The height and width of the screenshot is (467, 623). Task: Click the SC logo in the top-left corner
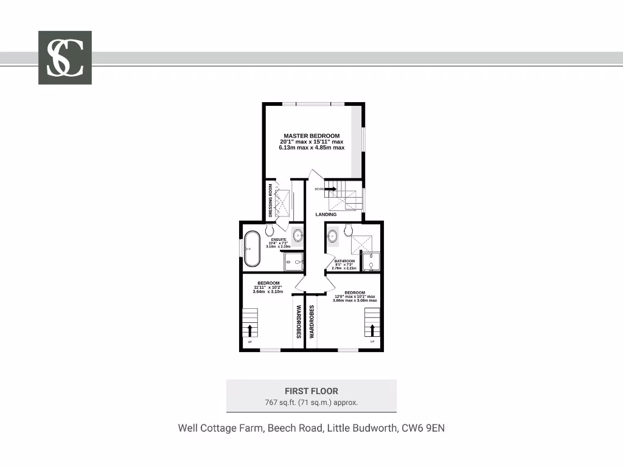coord(65,57)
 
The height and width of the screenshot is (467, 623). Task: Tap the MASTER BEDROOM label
coord(311,136)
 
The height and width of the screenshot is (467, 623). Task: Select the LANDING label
coord(325,215)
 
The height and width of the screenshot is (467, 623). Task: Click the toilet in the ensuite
coord(270,230)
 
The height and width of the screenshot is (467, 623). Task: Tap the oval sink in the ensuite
coord(299,235)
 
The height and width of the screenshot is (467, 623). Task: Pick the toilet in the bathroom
coord(348,230)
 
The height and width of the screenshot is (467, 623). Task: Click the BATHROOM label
coord(344,261)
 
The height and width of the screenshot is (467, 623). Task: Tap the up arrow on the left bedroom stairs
coord(249,330)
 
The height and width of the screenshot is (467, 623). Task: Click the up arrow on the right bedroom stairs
coord(372,330)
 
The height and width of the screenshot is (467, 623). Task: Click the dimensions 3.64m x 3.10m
coord(268,292)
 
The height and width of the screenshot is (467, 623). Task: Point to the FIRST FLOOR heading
coord(311,391)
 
